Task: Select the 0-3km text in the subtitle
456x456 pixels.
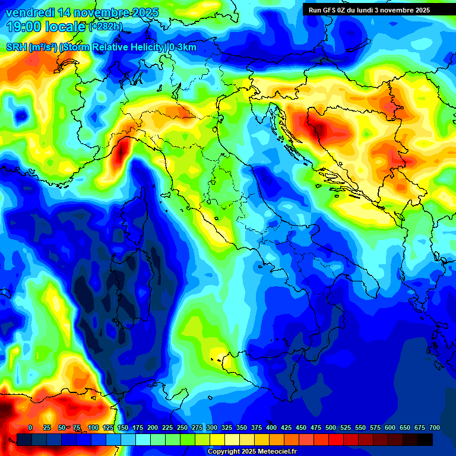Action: [x=182, y=47]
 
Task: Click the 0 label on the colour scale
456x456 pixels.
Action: [x=30, y=428]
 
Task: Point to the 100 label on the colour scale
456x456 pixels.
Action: [x=93, y=428]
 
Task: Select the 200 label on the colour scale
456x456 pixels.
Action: [x=153, y=428]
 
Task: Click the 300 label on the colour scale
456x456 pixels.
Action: [x=212, y=428]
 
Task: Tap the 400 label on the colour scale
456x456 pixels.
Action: [x=271, y=428]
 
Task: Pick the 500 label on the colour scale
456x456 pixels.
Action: [x=331, y=428]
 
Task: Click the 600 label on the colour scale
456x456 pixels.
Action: [x=390, y=428]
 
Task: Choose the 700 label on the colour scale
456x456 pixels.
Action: [x=434, y=428]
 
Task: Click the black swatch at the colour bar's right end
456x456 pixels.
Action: [x=425, y=439]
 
